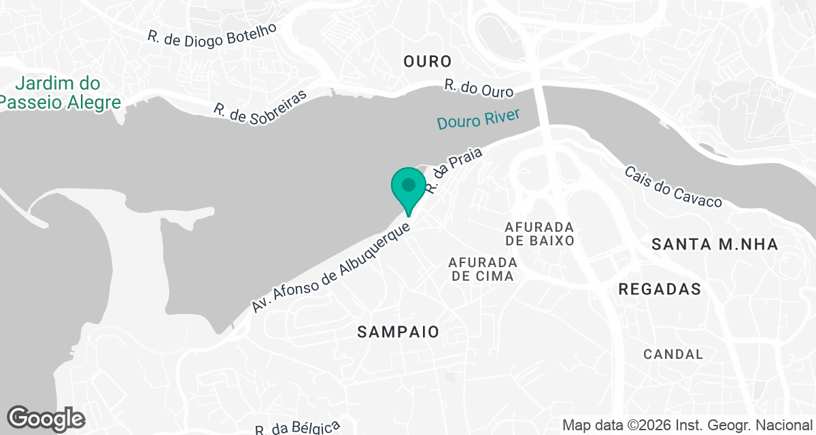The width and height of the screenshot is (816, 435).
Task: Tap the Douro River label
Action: [x=478, y=118]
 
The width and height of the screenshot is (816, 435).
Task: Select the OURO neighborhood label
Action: [x=427, y=61]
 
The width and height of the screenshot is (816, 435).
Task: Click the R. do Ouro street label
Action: [x=479, y=89]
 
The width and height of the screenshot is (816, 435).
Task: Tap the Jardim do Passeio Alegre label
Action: [x=60, y=93]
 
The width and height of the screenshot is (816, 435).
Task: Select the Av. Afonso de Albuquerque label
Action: [x=332, y=266]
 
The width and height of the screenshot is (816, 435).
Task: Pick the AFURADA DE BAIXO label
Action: [x=540, y=233]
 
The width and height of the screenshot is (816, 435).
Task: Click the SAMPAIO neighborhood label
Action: [x=398, y=332]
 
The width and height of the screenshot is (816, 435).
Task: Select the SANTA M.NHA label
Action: [x=715, y=245]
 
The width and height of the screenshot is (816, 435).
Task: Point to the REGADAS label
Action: [x=660, y=289]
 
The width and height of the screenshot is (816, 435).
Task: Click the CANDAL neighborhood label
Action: [x=673, y=354]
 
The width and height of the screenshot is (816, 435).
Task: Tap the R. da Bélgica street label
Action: [x=298, y=428]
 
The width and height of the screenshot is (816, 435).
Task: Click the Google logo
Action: [x=46, y=419]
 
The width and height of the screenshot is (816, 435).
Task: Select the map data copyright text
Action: [x=687, y=425]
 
